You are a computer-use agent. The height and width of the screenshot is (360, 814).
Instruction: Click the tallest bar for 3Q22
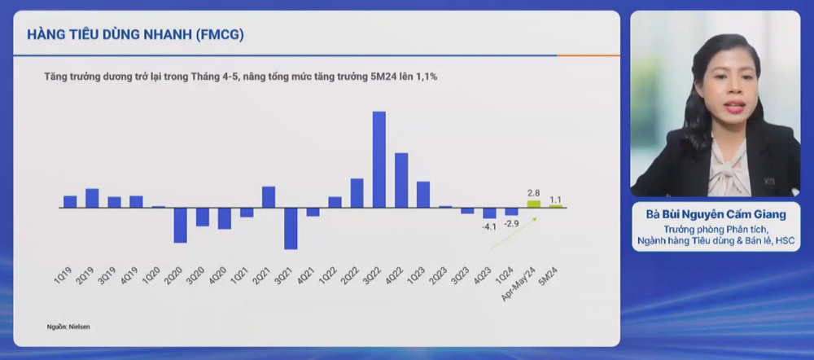tap(379, 159)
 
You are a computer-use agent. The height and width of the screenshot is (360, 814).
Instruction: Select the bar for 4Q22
tap(401, 180)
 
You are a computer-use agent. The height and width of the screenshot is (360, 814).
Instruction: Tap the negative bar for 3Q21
tap(291, 228)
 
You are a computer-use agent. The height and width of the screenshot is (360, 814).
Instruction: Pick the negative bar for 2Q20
tap(180, 225)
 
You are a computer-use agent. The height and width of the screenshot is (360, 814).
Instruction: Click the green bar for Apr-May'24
tap(534, 204)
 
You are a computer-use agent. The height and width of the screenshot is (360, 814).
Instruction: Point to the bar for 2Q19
tap(92, 198)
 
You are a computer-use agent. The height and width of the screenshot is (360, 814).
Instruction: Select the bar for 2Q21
tap(269, 197)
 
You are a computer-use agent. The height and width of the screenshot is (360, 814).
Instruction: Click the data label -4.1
tap(488, 226)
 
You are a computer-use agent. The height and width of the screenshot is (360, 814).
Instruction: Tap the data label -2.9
tap(511, 222)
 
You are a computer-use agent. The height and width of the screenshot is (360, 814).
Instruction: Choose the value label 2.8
tap(534, 193)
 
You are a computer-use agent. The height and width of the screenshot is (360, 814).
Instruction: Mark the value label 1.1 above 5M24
tap(556, 199)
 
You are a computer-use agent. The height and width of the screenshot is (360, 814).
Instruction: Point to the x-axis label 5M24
tap(549, 277)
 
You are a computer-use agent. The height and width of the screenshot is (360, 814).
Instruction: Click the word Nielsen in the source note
tap(79, 327)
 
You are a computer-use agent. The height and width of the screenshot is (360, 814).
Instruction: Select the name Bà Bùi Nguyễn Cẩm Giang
tap(716, 215)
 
